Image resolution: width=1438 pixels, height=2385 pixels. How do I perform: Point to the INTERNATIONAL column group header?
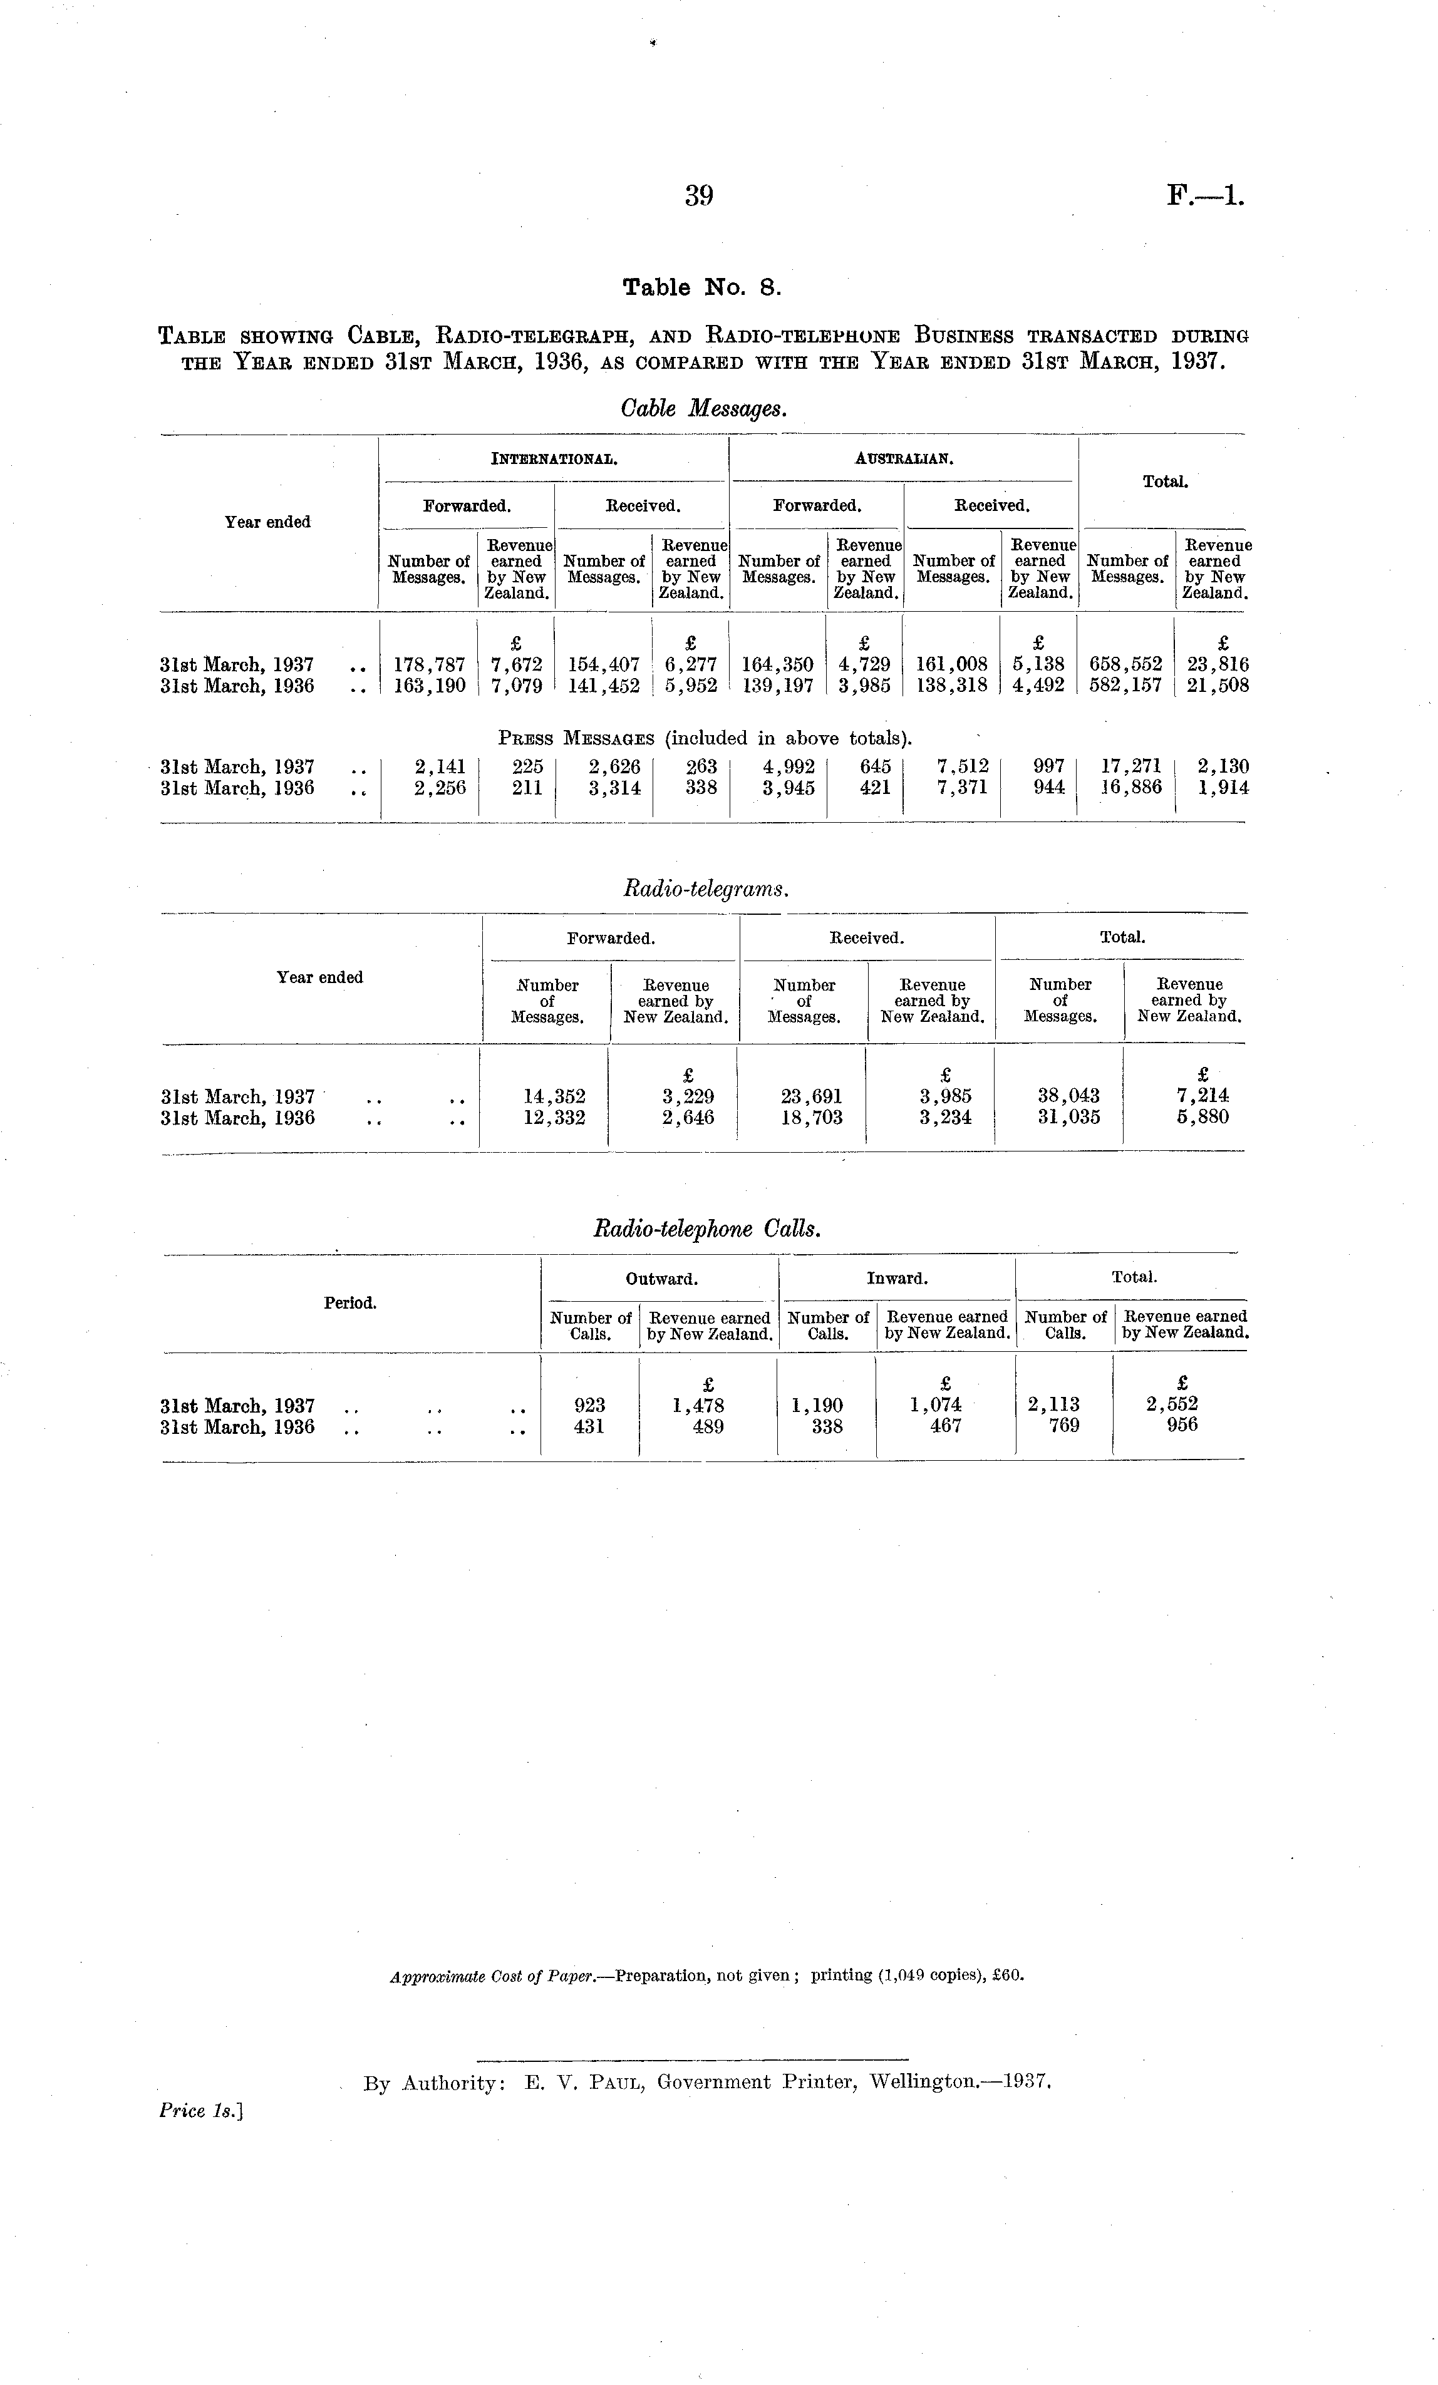click(x=554, y=459)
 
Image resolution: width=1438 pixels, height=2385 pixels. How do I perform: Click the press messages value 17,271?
click(x=1131, y=766)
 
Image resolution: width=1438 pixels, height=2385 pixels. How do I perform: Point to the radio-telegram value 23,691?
click(x=812, y=1096)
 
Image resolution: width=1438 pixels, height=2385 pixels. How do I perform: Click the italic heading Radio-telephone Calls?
click(x=707, y=1229)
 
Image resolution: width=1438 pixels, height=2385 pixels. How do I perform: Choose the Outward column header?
click(x=661, y=1279)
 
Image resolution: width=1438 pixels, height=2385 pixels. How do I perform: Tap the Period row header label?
click(x=349, y=1303)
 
